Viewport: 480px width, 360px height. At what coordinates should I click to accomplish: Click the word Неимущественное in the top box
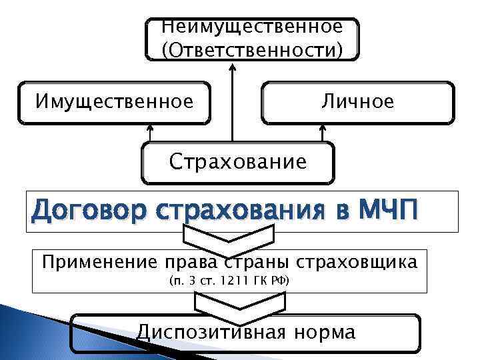[252, 27]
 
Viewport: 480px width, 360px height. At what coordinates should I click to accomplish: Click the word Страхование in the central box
[238, 161]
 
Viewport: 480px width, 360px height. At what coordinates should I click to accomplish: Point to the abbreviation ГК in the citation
[266, 281]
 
